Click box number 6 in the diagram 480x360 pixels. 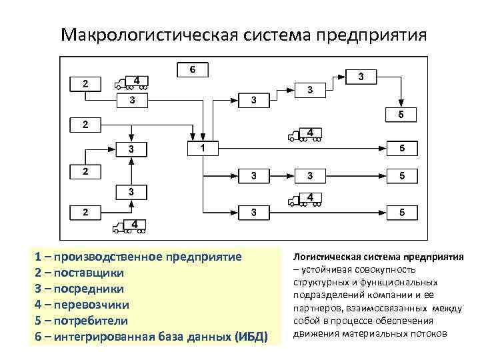192,70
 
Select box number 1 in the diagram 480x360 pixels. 202,147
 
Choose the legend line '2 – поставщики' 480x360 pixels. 70,273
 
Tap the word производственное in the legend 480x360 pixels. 120,257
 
